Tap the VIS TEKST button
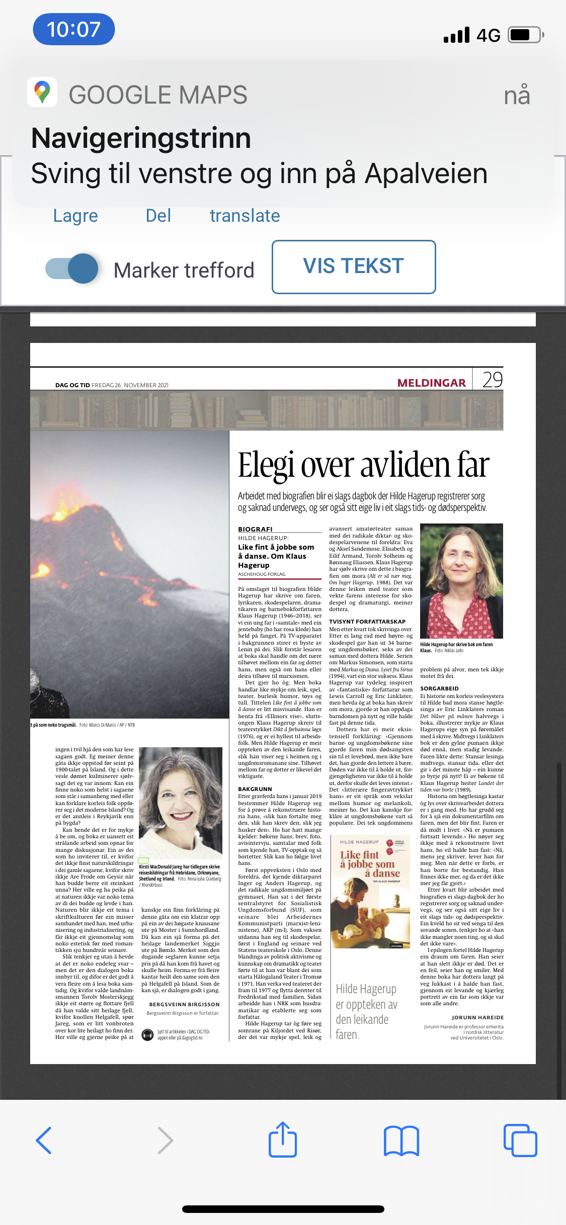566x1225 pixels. (353, 267)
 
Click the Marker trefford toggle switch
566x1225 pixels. (72, 269)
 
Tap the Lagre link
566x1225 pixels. (75, 216)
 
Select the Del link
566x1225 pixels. (158, 216)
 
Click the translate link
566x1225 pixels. (245, 216)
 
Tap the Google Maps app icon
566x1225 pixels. (42, 93)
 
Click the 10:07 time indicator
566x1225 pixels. (73, 29)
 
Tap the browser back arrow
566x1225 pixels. (44, 1141)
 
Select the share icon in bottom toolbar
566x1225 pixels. (283, 1141)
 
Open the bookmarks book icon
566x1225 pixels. (401, 1141)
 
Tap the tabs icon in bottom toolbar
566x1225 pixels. (520, 1141)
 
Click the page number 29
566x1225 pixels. (492, 380)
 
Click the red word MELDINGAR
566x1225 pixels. (431, 383)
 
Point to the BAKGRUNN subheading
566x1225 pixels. (255, 789)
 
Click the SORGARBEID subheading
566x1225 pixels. (439, 688)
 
